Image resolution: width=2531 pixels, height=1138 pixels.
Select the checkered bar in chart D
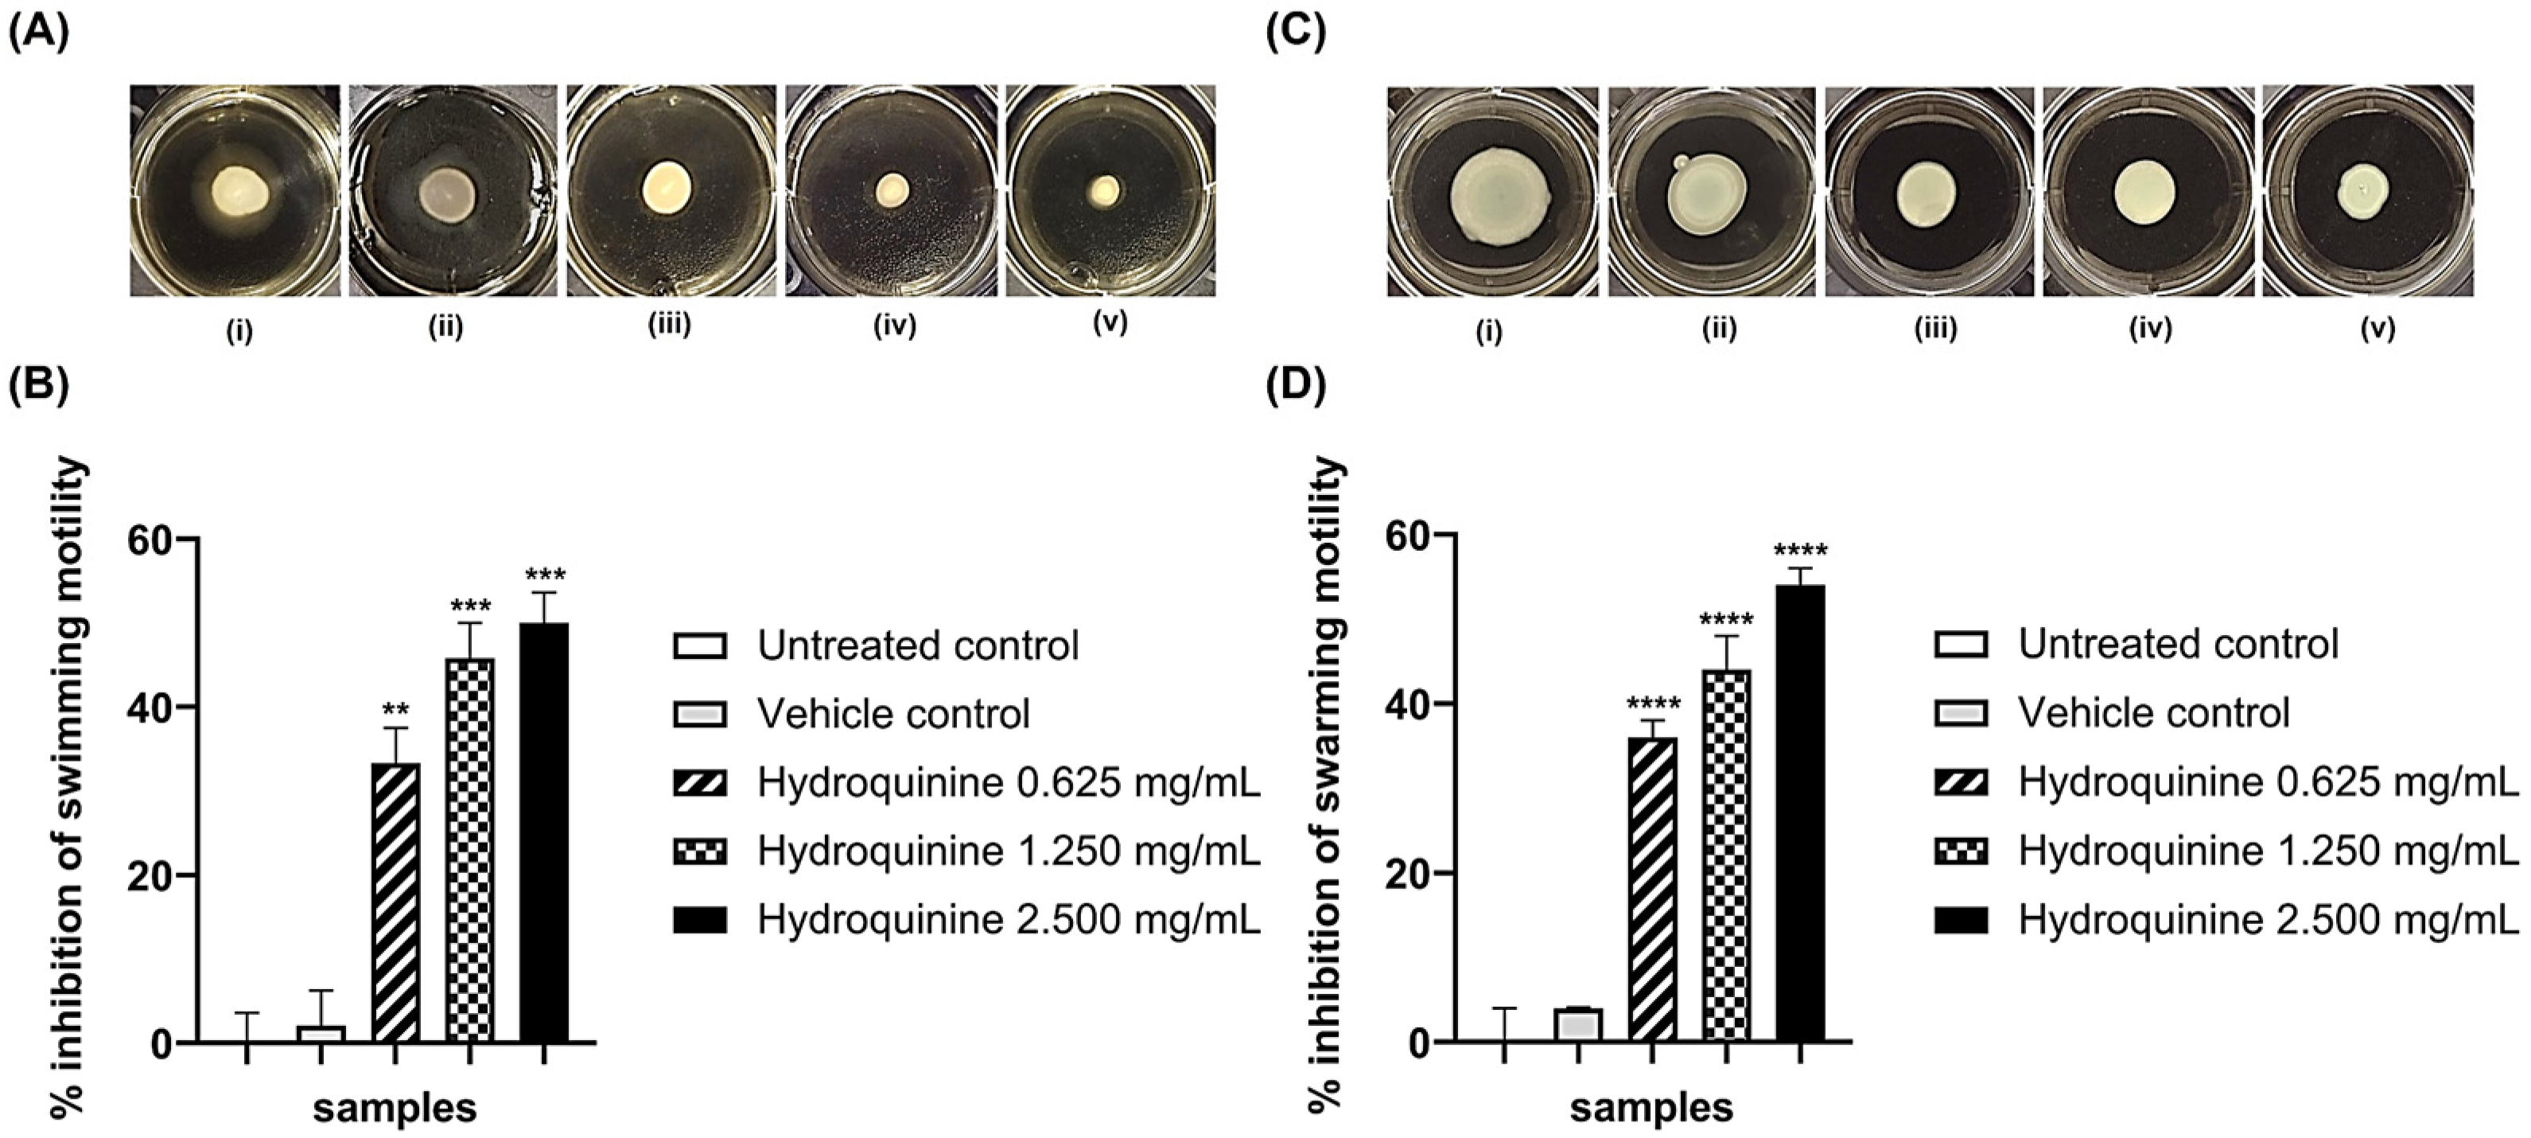pos(1725,854)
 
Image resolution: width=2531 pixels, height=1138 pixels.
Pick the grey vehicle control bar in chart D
pos(1578,1024)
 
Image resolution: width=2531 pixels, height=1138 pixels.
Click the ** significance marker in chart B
pos(395,710)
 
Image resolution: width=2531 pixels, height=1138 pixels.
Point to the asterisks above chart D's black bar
pos(1800,551)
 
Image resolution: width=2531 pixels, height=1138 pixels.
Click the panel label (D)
pos(1295,386)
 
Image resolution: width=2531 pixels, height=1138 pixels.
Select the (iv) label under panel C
pos(2150,328)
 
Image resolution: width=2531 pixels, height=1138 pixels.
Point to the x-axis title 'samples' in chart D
pos(1650,1108)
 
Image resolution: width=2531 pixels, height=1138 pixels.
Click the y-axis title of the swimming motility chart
pos(68,786)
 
